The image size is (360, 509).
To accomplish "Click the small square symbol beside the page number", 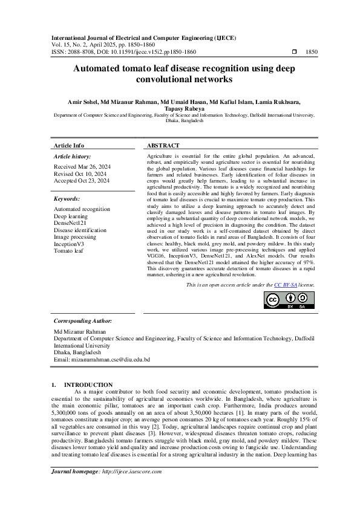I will [x=294, y=53].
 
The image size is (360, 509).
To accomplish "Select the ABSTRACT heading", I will [x=163, y=146].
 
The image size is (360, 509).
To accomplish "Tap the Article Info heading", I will [x=69, y=146].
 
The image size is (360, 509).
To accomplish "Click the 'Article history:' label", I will [x=72, y=156].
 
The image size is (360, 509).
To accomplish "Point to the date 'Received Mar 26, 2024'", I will [x=82, y=166].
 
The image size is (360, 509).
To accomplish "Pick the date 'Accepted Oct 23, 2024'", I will [x=82, y=180].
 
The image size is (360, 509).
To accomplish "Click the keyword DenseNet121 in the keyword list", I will [x=70, y=223].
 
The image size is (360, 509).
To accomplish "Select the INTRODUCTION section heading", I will [x=88, y=384].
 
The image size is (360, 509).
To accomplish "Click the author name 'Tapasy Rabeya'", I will [x=180, y=108].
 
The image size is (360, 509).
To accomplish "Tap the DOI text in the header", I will [x=146, y=53].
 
